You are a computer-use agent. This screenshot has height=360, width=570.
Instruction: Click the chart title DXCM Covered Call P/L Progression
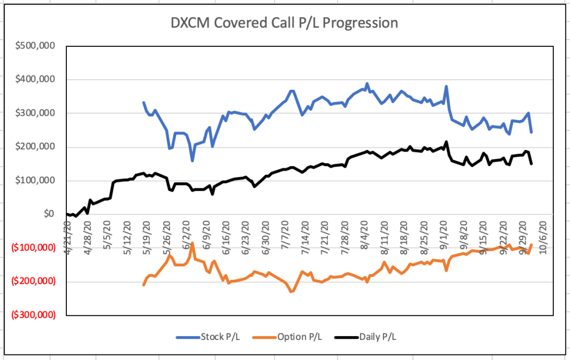284,23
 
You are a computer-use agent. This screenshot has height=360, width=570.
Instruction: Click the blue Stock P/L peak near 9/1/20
446,86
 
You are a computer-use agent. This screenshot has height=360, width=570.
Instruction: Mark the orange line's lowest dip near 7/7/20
291,291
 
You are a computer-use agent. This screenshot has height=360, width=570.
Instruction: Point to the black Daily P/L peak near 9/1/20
446,142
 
